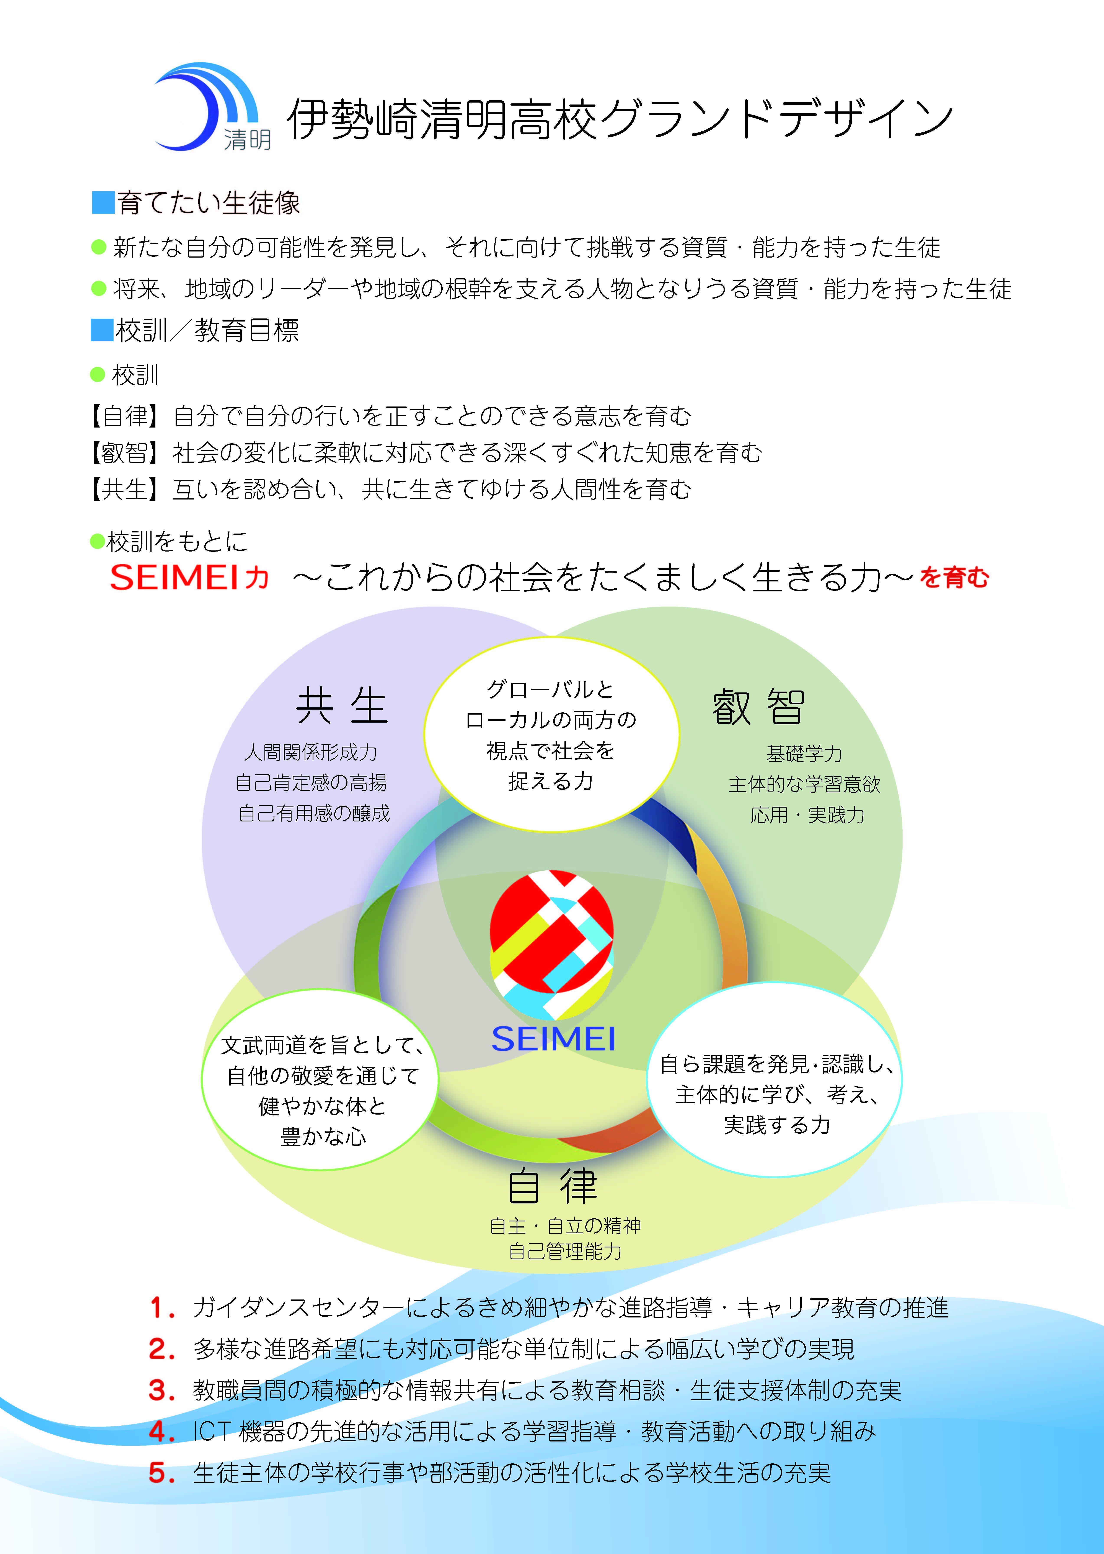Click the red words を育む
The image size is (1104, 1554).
click(954, 578)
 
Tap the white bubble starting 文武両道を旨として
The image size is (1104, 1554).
click(320, 1079)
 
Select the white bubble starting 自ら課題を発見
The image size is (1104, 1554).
click(774, 1079)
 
